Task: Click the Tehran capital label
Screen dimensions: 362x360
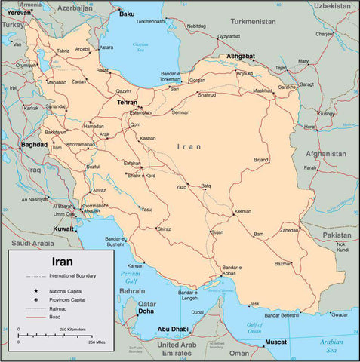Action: pos(128,102)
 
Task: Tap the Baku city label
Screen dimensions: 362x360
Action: pos(127,14)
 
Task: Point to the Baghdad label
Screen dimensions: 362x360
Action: pos(35,144)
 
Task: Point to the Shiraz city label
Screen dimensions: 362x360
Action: pos(164,229)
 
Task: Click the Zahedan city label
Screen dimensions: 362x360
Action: pos(290,230)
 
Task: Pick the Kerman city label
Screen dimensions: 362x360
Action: pos(242,212)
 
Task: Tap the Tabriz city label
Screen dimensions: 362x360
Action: pos(63,51)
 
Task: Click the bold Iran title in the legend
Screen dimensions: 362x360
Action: pos(61,263)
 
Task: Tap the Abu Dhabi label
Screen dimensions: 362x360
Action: pos(173,329)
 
